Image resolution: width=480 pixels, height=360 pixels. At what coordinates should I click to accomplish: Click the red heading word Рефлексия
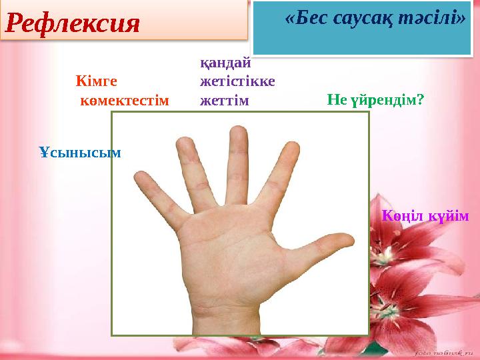(73, 23)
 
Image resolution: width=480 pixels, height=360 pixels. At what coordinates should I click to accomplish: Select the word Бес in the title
(311, 18)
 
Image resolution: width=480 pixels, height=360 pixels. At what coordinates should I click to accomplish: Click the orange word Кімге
(97, 81)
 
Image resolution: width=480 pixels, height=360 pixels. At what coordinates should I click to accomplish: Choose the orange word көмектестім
(125, 101)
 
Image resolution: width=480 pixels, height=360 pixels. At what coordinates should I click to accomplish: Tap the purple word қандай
(225, 64)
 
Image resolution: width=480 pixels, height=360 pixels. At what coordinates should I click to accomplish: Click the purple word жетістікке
(237, 81)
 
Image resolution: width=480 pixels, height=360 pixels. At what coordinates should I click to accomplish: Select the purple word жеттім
(225, 101)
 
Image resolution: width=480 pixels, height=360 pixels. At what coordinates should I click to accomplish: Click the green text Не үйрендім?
(375, 100)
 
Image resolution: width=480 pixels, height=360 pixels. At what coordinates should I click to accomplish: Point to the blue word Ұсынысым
(80, 153)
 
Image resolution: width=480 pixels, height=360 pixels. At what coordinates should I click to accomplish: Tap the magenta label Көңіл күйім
(425, 216)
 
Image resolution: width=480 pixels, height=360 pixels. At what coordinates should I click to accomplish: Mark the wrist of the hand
(226, 319)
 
